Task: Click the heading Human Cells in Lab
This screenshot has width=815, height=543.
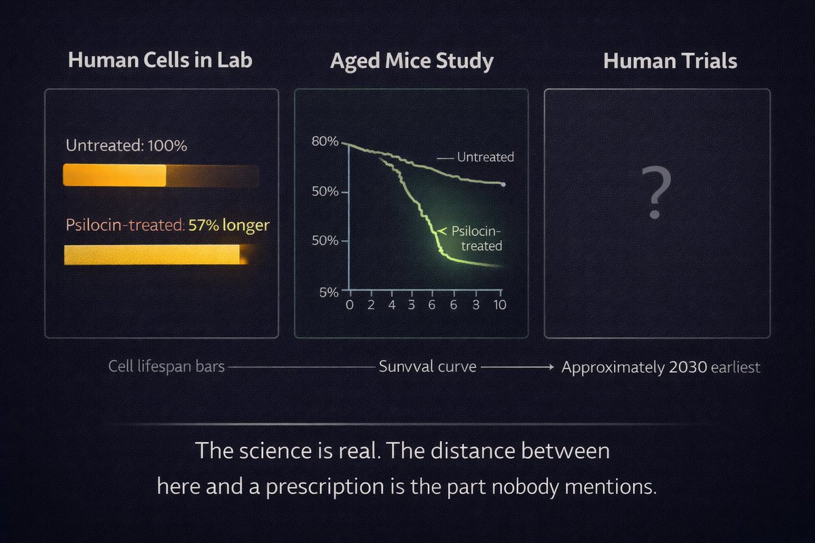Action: [x=161, y=60]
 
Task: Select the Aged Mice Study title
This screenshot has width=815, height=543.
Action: [x=412, y=62]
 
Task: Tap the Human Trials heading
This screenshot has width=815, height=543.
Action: [x=670, y=61]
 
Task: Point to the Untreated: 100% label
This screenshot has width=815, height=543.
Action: [x=126, y=145]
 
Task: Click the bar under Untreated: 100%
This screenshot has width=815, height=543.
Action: [x=160, y=176]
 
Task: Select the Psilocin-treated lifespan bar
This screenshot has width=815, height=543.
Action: [x=153, y=255]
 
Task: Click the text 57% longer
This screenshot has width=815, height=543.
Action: [x=228, y=225]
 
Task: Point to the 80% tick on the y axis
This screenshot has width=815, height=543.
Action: [x=325, y=142]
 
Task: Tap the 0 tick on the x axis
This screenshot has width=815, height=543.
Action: [x=350, y=304]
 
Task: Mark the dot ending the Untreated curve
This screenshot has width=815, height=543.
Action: [x=503, y=184]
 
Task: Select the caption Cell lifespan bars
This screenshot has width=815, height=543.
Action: [x=166, y=367]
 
